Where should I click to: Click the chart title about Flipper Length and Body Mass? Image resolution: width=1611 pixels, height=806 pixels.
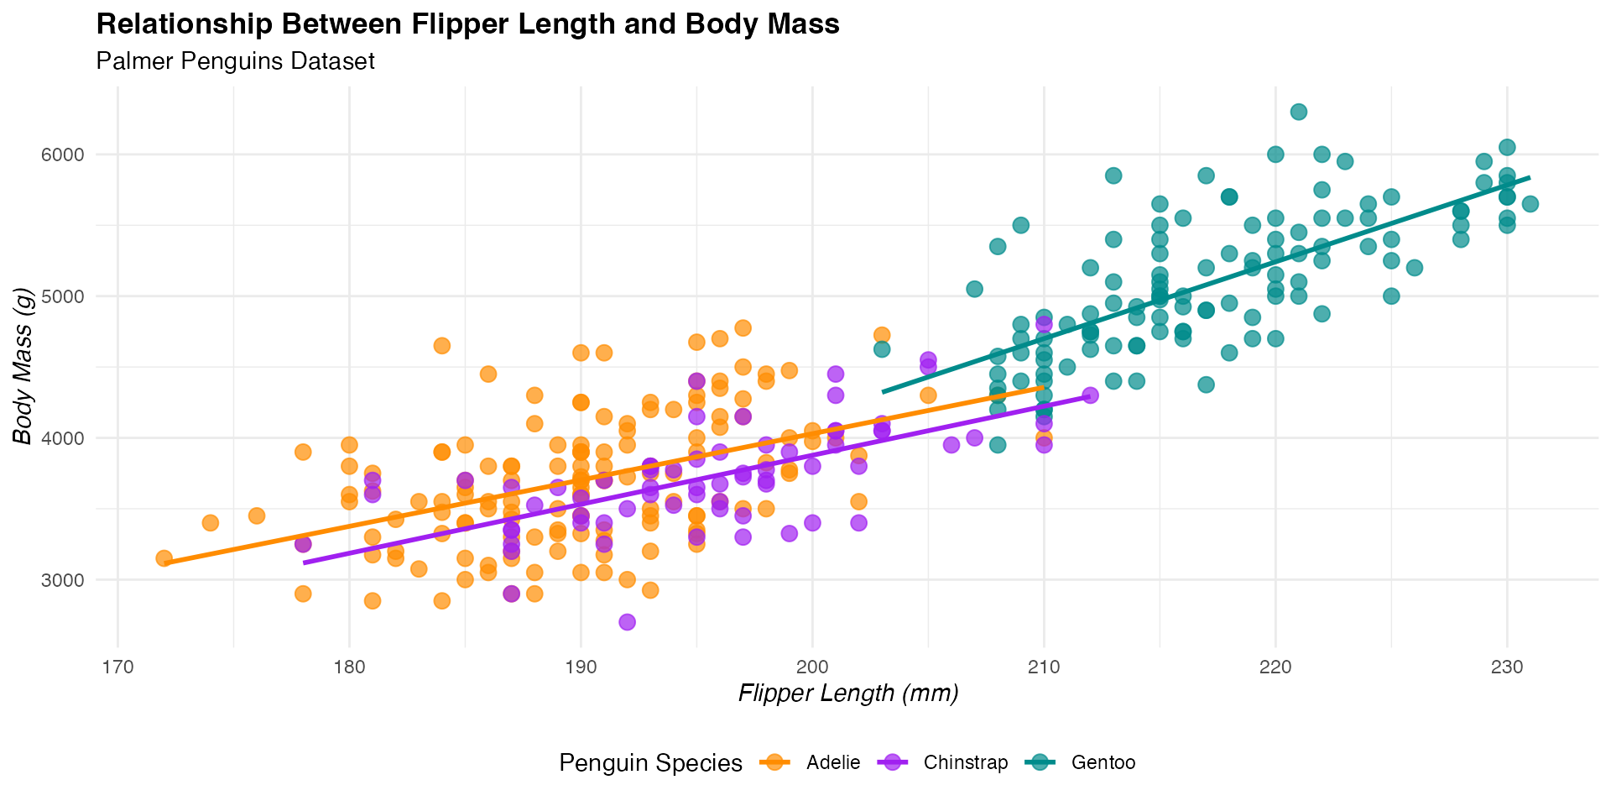point(467,24)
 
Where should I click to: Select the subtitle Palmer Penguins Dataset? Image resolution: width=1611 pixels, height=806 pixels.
point(235,61)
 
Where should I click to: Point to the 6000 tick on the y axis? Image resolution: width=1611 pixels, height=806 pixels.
point(65,154)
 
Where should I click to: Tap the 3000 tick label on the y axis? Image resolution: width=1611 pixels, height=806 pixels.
point(65,580)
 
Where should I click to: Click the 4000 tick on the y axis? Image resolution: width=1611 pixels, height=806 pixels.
point(65,438)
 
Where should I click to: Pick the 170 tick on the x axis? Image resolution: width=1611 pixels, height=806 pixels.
point(117,667)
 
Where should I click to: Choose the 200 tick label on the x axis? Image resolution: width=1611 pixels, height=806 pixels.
point(811,667)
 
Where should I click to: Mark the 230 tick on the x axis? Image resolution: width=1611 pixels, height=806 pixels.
point(1507,667)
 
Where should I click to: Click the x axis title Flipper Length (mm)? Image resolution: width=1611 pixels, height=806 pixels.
point(848,693)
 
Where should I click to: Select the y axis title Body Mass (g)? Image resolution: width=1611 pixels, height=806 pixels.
point(23,365)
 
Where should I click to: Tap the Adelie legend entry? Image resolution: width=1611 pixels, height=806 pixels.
point(832,762)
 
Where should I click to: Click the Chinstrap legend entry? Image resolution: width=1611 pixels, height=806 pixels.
point(965,762)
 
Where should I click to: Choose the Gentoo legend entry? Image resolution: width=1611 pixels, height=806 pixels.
point(1103,762)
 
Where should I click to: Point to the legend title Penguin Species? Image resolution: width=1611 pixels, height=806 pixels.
point(650,763)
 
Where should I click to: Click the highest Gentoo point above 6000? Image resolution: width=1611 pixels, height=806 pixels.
point(1298,112)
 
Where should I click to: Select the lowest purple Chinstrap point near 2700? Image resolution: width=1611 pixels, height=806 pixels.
point(627,622)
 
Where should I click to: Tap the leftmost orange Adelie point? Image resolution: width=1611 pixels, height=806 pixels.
point(164,558)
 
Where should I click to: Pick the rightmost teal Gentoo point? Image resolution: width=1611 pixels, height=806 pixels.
point(1530,204)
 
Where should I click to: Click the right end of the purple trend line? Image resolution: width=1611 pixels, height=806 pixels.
point(1089,395)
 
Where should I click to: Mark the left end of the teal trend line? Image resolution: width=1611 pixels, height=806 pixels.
point(884,391)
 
